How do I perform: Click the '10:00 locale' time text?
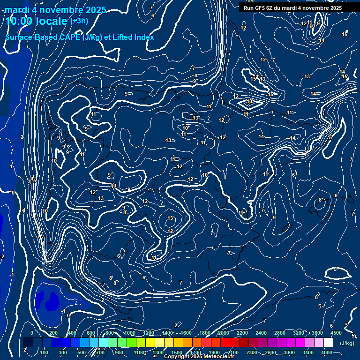pyautogui.click(x=37, y=21)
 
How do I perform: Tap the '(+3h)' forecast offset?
pyautogui.click(x=79, y=21)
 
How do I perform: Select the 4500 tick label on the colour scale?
pyautogui.click(x=335, y=333)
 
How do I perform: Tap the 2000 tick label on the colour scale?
pyautogui.click(x=224, y=333)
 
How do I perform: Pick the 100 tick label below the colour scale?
pyautogui.click(x=44, y=352)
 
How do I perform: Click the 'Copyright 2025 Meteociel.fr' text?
pyautogui.click(x=199, y=357)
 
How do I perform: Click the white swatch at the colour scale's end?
pyautogui.click(x=328, y=343)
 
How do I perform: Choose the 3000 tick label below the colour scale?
pyautogui.click(x=289, y=352)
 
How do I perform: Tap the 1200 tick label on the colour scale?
pyautogui.click(x=149, y=333)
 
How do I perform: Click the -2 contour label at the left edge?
pyautogui.click(x=2, y=256)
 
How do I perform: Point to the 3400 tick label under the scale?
pyautogui.click(x=308, y=352)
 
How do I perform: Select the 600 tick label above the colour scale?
pyautogui.click(x=91, y=333)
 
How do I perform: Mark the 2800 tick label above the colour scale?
pyautogui.click(x=280, y=333)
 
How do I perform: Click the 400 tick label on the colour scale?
pyautogui.click(x=72, y=333)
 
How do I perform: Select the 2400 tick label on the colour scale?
pyautogui.click(x=261, y=333)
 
